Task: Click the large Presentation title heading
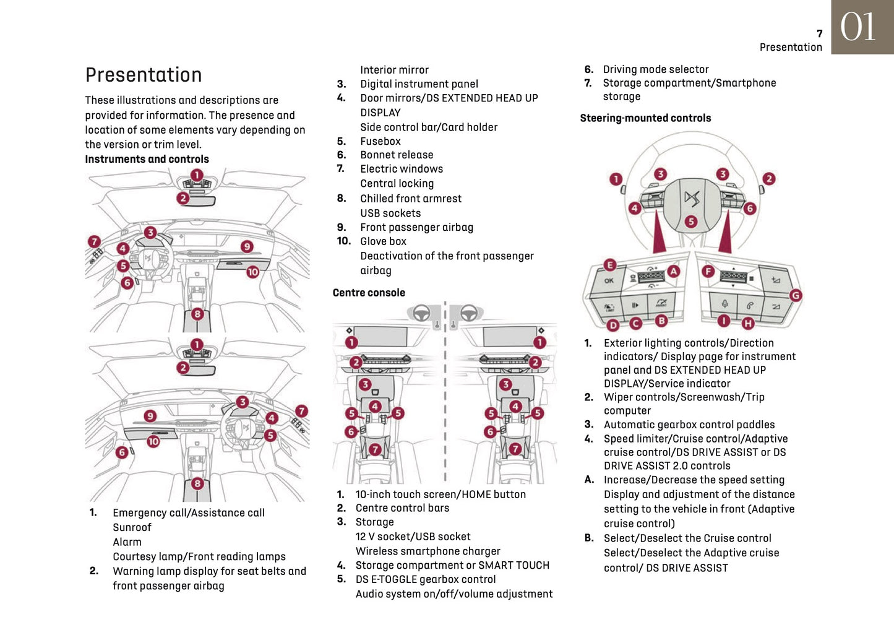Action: point(144,75)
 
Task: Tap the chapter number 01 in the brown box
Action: point(858,27)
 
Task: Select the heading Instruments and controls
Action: point(147,159)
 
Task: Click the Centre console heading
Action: point(369,293)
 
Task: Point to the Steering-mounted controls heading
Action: point(645,118)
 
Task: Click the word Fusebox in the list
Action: point(380,141)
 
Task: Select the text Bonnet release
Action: point(397,155)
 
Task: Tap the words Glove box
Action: point(383,241)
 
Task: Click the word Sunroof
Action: point(132,527)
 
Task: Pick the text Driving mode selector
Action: point(656,69)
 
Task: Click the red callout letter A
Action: point(673,271)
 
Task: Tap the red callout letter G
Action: point(796,295)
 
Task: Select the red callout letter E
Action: point(610,265)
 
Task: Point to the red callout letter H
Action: point(748,323)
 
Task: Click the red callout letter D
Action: point(613,325)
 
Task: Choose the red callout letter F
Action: point(708,271)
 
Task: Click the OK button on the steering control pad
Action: point(609,281)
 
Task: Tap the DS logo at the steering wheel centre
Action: point(692,199)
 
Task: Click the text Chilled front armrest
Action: point(411,199)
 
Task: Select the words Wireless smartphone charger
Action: point(428,551)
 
